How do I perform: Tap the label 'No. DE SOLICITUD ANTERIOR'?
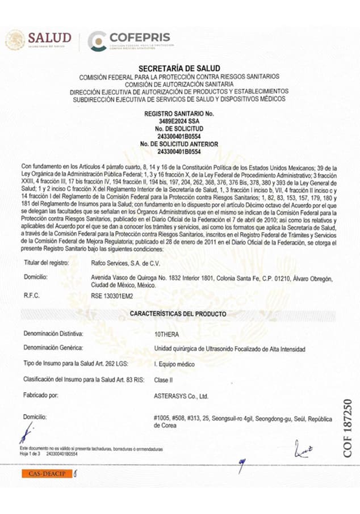coord(179,145)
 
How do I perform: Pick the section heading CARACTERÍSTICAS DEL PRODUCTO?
coord(178,314)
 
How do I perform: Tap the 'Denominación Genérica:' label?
coord(54,347)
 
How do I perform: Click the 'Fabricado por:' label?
coord(41,394)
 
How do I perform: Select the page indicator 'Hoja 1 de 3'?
coord(31,454)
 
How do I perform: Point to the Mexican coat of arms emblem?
coord(15,39)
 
